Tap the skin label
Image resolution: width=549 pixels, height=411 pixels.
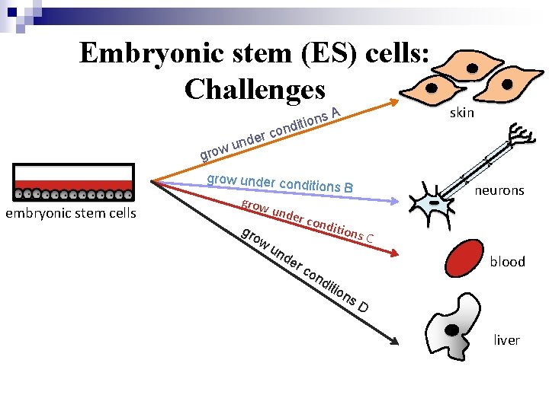click(x=462, y=113)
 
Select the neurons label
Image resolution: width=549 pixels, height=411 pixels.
click(x=499, y=190)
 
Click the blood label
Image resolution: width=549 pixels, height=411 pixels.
click(x=507, y=261)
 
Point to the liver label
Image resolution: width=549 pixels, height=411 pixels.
click(x=506, y=339)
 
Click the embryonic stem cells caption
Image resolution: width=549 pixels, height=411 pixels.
click(x=71, y=213)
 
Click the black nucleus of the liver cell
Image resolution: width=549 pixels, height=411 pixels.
click(x=453, y=330)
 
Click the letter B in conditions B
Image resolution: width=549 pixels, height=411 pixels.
click(x=348, y=187)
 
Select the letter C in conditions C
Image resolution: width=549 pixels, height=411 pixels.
click(x=369, y=238)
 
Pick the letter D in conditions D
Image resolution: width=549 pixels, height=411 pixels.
click(x=364, y=307)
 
